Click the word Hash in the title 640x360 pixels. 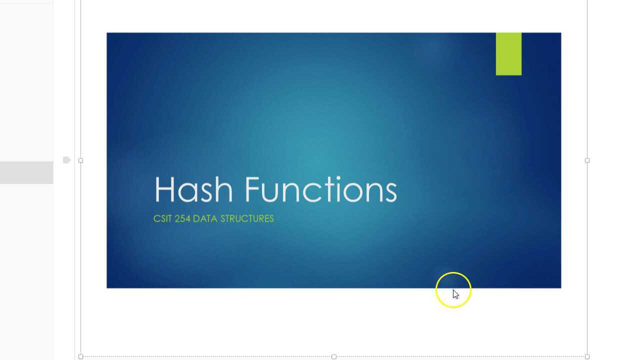click(193, 189)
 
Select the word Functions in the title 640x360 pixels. click(320, 189)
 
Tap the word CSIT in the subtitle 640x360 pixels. click(162, 218)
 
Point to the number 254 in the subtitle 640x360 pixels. click(182, 218)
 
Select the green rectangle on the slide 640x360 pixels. click(508, 54)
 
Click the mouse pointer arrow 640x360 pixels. click(455, 294)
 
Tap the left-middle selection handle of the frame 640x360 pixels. click(81, 160)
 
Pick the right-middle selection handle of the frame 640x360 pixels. click(587, 160)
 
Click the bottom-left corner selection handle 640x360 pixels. click(81, 356)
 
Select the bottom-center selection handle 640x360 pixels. click(334, 356)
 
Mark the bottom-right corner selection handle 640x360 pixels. click(587, 356)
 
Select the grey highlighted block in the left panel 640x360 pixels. click(26, 172)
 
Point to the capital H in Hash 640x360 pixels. click(165, 189)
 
